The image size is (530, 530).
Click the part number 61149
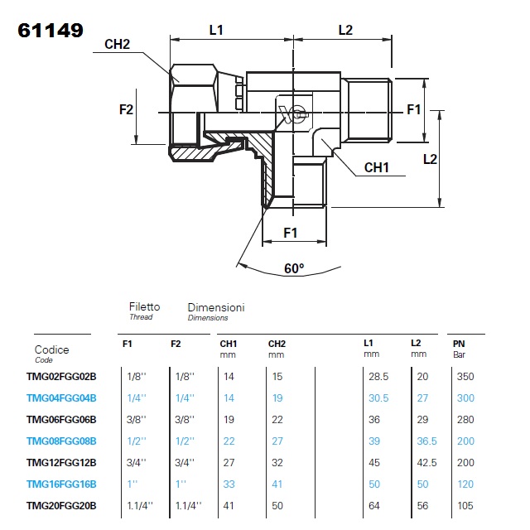pos(51,31)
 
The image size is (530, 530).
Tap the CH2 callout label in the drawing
pos(117,45)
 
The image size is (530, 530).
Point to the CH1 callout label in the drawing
pos(377,166)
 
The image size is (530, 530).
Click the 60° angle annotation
pos(293,268)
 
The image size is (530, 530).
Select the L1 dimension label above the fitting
pos(216,30)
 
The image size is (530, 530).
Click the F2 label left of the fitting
pos(127,108)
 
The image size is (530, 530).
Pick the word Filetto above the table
pos(144,306)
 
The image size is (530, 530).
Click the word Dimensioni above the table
pos(215,306)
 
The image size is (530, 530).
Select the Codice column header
pos(51,349)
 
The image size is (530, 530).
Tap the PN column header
pos(459,343)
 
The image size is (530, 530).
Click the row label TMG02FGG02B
pos(61,376)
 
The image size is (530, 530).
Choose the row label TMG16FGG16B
pos(61,484)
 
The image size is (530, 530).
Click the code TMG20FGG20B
pos(61,505)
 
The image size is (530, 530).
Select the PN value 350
pos(465,376)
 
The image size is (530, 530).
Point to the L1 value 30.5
pos(378,397)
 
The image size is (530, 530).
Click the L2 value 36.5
pos(426,441)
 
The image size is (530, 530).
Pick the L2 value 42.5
pos(426,462)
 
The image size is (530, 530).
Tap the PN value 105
pos(465,505)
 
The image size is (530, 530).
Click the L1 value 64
pos(374,505)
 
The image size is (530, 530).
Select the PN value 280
pos(465,419)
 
